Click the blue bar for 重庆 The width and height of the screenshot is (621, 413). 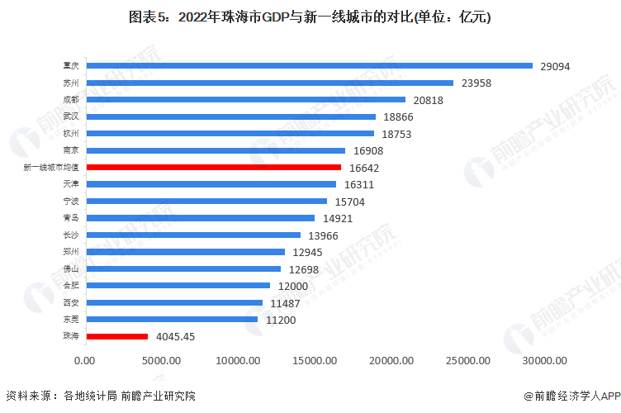point(309,65)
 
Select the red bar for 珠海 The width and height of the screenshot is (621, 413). point(116,336)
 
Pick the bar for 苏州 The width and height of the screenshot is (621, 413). point(269,83)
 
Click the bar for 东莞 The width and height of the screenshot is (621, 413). point(171,319)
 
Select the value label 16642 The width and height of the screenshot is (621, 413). point(363,168)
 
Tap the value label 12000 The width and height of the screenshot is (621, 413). point(292,286)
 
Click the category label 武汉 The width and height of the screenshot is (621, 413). point(71,116)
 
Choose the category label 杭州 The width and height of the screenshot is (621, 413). point(71,133)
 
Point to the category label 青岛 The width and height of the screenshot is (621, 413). point(71,218)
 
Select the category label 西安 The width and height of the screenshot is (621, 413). point(71,302)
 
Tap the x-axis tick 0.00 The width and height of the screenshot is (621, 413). point(85,360)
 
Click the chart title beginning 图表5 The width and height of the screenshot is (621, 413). point(310,17)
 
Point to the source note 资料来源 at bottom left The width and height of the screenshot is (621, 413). point(100,396)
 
